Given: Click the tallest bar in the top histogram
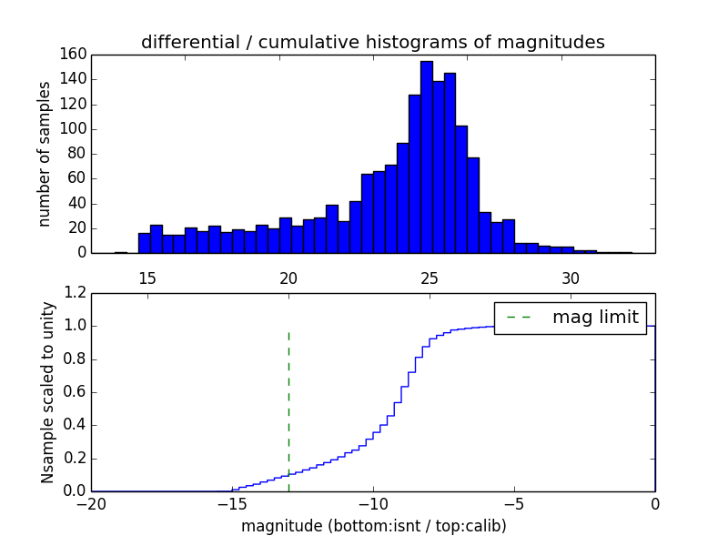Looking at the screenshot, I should [x=426, y=157].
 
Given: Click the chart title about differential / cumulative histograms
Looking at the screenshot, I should [x=372, y=42].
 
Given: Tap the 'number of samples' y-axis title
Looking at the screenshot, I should [x=44, y=154].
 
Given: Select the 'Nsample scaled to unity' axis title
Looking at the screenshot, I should [x=47, y=392].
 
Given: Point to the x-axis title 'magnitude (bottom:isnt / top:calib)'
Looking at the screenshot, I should [x=373, y=526].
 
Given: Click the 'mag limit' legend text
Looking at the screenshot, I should [x=595, y=318].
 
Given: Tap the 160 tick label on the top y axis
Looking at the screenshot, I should [x=74, y=55].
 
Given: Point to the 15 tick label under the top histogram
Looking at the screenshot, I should [x=147, y=278].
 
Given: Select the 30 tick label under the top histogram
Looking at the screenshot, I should [x=571, y=278].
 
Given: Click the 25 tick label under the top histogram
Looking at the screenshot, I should [x=430, y=278].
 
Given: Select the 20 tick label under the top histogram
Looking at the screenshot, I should [x=288, y=278].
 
